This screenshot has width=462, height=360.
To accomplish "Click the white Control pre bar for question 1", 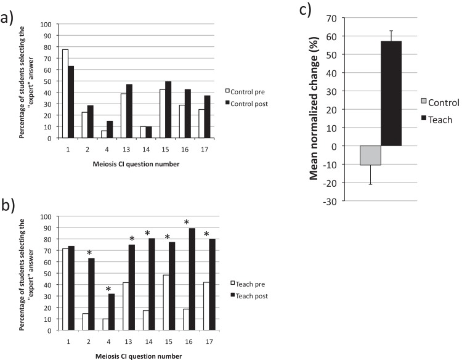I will pos(65,94).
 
